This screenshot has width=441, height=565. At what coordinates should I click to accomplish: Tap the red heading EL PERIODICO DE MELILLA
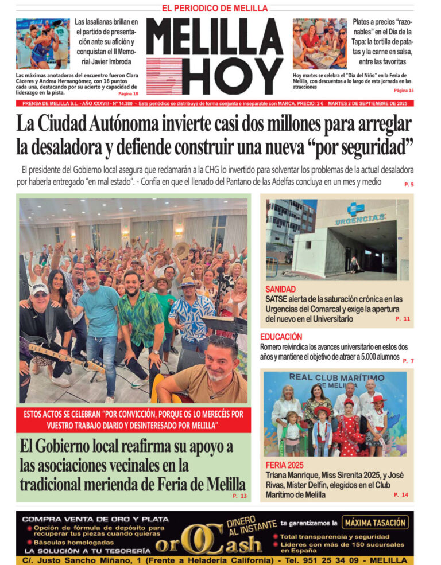click(215, 8)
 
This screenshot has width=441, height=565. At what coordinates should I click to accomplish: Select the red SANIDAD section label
click(281, 289)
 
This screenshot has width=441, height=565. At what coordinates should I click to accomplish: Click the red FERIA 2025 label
click(284, 465)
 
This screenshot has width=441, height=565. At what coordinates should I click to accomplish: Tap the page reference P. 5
click(408, 184)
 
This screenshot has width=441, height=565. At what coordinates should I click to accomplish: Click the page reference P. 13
click(239, 496)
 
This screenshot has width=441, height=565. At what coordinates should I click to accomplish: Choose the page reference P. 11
click(403, 318)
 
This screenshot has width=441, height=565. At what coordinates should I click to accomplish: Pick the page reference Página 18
click(128, 93)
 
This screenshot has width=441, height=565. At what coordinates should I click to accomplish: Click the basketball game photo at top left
click(43, 44)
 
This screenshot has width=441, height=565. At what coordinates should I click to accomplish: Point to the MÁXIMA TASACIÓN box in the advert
click(376, 523)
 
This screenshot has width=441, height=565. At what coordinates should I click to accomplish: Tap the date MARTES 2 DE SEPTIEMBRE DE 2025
click(376, 104)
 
